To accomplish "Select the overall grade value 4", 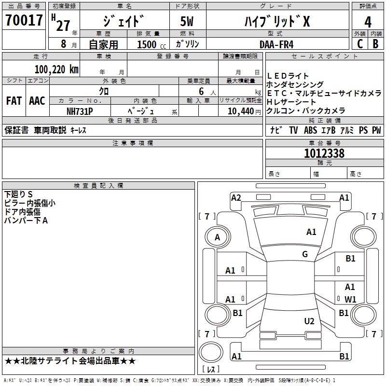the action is click(368, 22).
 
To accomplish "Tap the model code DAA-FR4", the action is click(276, 43).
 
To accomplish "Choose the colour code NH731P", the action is click(80, 110).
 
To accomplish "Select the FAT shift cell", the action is click(14, 101).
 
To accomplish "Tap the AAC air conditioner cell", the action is click(37, 101).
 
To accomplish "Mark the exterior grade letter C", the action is click(359, 43).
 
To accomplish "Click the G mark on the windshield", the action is click(305, 254).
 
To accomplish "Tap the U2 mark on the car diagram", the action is click(309, 321).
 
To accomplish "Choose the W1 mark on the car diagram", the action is click(350, 299).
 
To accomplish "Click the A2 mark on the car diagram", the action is click(236, 197).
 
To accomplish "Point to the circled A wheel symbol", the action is click(217, 237).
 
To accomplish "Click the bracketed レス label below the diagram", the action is click(211, 370).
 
